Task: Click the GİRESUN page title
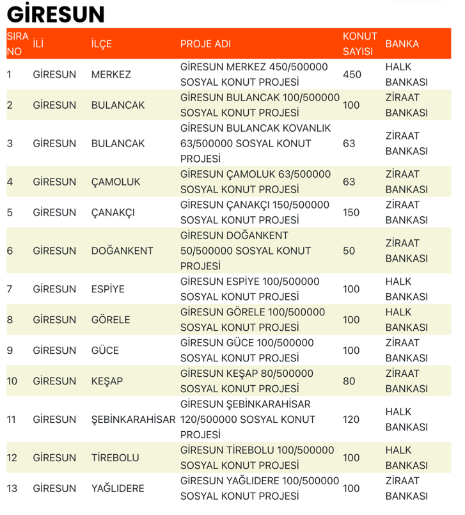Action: [55, 15]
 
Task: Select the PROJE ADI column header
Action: [205, 44]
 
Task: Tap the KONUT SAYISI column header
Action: [359, 44]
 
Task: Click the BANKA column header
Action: [402, 44]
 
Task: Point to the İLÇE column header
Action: [102, 44]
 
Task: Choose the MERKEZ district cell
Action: [111, 74]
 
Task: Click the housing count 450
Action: [352, 74]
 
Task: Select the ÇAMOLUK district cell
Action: [115, 182]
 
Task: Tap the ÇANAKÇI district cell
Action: [113, 212]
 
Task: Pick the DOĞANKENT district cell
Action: [122, 251]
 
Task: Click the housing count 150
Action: [351, 212]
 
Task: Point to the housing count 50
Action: [349, 251]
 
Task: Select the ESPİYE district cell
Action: [108, 289]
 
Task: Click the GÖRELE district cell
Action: [111, 320]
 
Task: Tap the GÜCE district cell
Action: [105, 351]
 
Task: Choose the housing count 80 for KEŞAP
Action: [349, 381]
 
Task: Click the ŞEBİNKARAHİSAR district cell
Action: [133, 420]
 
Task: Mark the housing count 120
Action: [351, 420]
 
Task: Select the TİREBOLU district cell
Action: [115, 458]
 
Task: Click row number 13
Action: [12, 489]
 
